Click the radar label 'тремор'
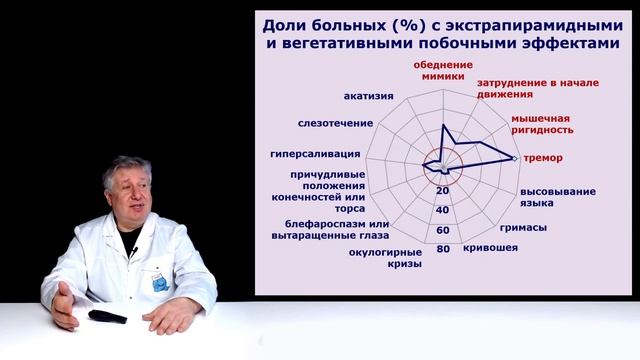(543, 158)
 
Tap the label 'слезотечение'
(335, 123)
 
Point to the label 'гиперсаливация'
(315, 155)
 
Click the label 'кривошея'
(490, 246)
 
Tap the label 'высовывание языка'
(557, 196)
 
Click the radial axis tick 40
(442, 210)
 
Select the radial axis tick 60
(442, 230)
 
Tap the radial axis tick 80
(442, 249)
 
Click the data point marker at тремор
(515, 158)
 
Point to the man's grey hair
(128, 167)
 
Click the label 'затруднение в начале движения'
(539, 91)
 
